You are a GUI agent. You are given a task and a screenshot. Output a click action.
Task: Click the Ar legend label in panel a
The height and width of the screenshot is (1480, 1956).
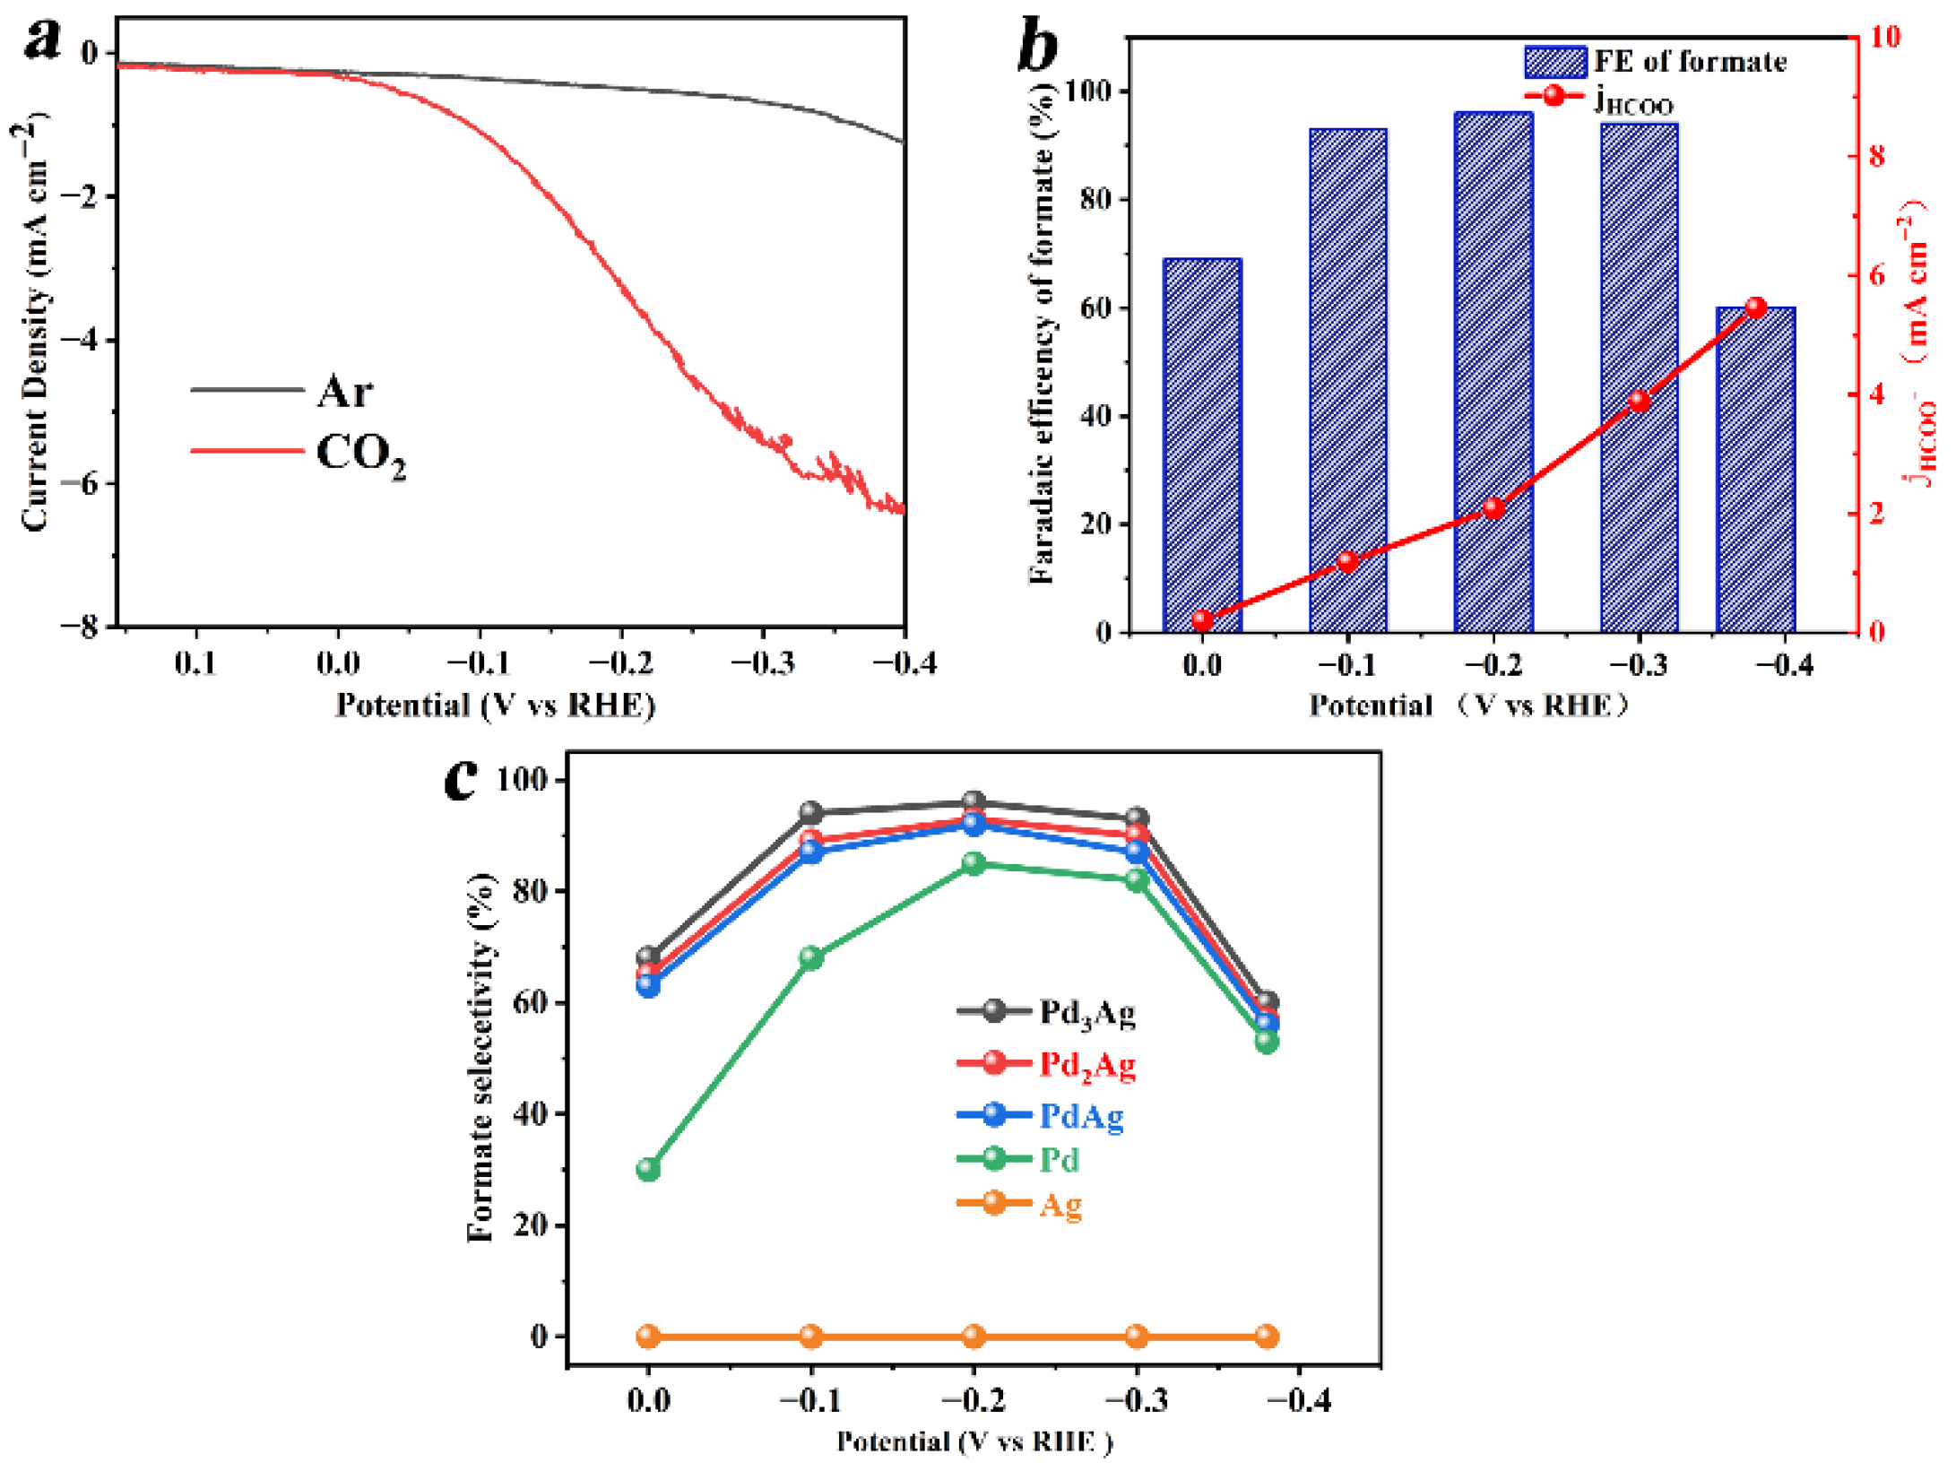coord(345,392)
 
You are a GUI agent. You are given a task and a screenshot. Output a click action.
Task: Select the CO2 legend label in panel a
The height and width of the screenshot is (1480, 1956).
coord(360,454)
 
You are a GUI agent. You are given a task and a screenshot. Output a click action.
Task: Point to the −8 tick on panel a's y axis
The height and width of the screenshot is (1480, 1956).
coord(82,627)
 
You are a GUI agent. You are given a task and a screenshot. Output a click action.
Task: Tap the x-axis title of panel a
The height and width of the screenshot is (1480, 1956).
coord(495,705)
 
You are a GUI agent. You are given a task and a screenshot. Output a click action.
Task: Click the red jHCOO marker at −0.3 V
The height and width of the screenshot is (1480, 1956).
coord(1640,401)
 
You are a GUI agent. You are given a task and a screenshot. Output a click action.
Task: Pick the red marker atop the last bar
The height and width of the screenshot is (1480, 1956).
coord(1755,308)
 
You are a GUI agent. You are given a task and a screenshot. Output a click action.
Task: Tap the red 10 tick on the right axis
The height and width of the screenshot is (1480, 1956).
coord(1884,37)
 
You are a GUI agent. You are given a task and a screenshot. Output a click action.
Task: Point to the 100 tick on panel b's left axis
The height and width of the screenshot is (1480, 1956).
coord(1094,91)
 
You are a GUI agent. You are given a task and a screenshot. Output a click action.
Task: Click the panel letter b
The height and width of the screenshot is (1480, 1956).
coord(1037,47)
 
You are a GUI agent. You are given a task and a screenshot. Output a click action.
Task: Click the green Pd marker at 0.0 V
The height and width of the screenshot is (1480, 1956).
coord(648,1169)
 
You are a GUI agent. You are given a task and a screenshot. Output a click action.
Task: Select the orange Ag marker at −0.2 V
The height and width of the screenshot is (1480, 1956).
coord(974,1337)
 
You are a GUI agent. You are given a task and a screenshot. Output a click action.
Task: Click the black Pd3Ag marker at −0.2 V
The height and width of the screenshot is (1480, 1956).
coord(974,801)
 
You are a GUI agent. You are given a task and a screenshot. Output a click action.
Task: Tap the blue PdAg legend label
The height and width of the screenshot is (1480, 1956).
coord(1081,1116)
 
